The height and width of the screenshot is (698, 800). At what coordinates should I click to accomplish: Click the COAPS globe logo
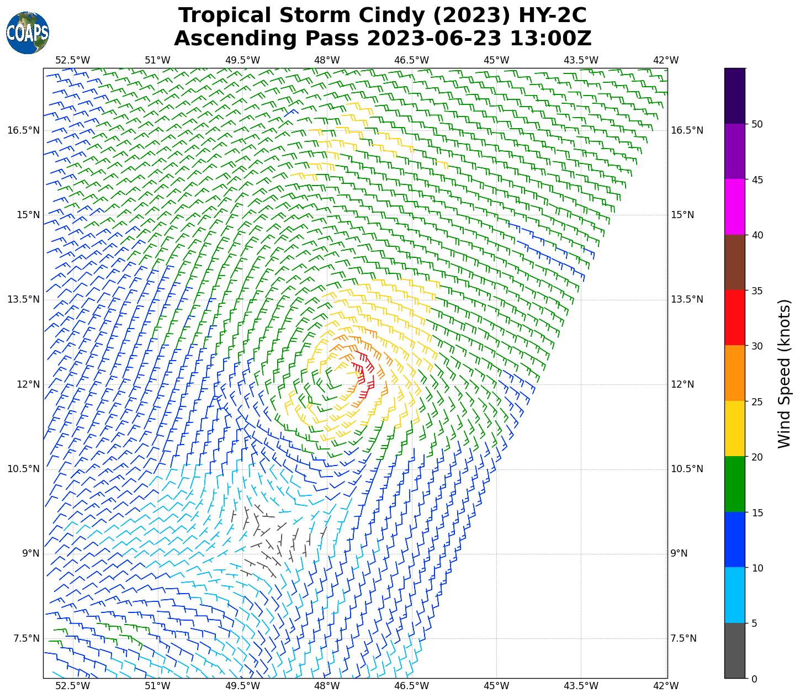(x=28, y=33)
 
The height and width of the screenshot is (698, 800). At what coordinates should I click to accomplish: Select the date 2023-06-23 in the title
(x=434, y=39)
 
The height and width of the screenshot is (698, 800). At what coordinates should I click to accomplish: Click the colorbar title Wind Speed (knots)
(x=784, y=373)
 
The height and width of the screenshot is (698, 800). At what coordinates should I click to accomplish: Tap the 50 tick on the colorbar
(x=757, y=124)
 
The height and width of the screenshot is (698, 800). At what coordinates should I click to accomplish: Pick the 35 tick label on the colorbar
(x=757, y=290)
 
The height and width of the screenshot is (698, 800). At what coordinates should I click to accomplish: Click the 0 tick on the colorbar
(x=754, y=679)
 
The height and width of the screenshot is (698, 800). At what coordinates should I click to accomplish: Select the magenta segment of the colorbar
(x=734, y=207)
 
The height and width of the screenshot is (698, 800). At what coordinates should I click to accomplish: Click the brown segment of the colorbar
(x=734, y=262)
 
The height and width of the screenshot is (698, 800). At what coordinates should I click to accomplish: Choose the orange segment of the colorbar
(x=734, y=373)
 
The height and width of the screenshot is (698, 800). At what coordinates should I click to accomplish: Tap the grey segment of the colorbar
(x=734, y=651)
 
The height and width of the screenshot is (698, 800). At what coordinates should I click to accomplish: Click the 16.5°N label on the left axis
(x=23, y=130)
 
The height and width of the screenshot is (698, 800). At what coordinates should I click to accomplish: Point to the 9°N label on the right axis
(x=679, y=553)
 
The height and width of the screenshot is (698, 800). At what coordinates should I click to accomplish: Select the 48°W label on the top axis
(x=327, y=60)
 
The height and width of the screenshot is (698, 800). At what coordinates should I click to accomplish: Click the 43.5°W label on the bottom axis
(x=581, y=686)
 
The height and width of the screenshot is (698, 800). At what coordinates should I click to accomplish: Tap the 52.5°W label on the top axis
(x=73, y=60)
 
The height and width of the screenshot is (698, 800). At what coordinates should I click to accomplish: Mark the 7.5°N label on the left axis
(x=25, y=638)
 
